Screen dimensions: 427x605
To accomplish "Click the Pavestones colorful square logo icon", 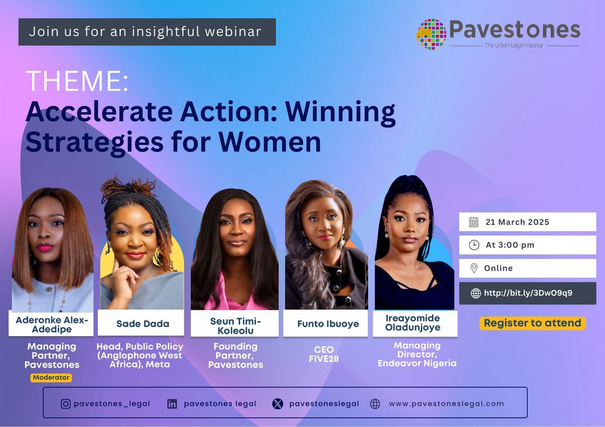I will tap(431, 34).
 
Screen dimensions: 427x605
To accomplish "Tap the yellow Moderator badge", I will tap(51, 377).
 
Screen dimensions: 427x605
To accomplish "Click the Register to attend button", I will tap(532, 323).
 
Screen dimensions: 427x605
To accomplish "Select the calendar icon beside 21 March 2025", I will tap(474, 222).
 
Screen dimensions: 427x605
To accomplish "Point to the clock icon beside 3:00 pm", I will tap(474, 245).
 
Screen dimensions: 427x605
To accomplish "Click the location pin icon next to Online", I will tap(474, 268).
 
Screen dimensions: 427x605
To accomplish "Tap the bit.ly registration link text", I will tap(528, 293).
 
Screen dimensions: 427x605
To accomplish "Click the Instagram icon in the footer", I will tap(66, 404).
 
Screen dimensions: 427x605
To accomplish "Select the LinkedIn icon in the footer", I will tap(172, 404).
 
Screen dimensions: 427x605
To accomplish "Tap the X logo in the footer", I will tap(278, 404).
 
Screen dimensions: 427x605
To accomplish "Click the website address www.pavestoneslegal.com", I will tap(446, 404).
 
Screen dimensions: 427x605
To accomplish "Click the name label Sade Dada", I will tap(143, 324).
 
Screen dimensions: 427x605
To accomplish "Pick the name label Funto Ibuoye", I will tap(328, 324).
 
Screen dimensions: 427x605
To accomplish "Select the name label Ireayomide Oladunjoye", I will tap(412, 323).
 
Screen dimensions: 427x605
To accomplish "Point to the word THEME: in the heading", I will tap(77, 81).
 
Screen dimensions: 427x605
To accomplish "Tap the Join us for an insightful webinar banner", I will tap(147, 32).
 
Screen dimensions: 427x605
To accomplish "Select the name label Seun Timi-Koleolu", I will tap(235, 326).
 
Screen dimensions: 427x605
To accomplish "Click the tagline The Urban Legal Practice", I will tap(514, 45).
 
